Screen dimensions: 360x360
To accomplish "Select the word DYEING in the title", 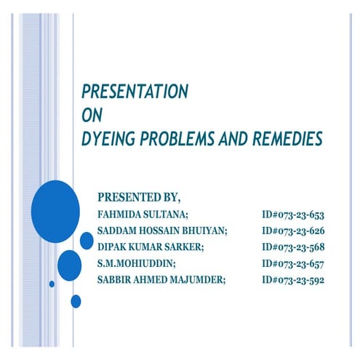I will pos(109,137).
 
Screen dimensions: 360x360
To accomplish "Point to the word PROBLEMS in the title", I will pos(182,137).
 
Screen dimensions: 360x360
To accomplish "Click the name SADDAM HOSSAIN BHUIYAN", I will pos(162,231).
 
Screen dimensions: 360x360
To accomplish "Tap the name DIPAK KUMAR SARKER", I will pos(150,247).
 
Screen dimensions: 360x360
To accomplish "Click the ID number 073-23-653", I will pos(292,215).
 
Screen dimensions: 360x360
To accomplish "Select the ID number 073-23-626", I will pos(292,231).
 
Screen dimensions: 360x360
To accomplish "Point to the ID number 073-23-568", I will pos(292,247).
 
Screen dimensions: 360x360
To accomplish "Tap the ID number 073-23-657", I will pos(292,263).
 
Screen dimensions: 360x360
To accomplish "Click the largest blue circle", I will pos(56,210).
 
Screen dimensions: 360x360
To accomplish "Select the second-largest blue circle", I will pos(70,265).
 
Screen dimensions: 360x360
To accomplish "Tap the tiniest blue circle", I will pos(52,284).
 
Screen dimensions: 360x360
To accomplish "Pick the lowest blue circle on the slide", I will pos(76,300).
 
